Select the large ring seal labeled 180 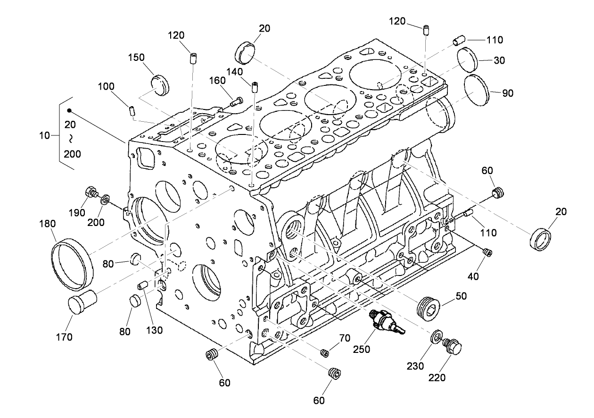pyautogui.click(x=71, y=264)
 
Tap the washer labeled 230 pyautogui.click(x=437, y=337)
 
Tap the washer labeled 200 pyautogui.click(x=105, y=197)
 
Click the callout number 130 pyautogui.click(x=154, y=330)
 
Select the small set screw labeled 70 pyautogui.click(x=324, y=352)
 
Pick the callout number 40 pyautogui.click(x=473, y=276)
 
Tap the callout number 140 pyautogui.click(x=234, y=72)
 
